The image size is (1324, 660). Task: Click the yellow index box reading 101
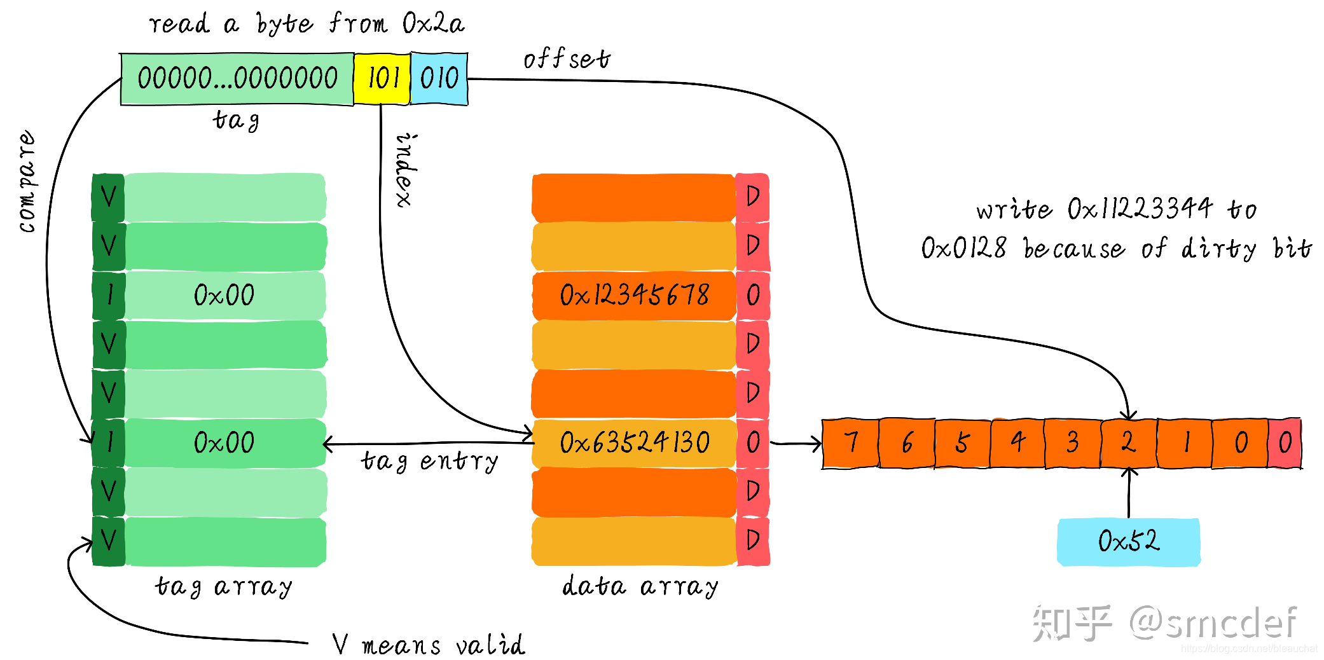[382, 79]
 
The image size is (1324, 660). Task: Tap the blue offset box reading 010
[439, 79]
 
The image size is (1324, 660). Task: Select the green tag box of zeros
[237, 79]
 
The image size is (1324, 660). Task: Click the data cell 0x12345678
[634, 295]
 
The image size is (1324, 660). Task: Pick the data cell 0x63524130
[634, 443]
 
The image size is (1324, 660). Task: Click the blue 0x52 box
[1129, 542]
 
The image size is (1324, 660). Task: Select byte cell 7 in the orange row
[850, 443]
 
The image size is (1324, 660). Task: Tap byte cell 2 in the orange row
[1129, 443]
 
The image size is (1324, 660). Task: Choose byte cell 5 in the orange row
[962, 443]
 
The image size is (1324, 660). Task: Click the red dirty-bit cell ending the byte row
[1285, 443]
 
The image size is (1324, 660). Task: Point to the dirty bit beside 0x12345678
[753, 295]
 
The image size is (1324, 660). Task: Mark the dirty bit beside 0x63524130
[753, 443]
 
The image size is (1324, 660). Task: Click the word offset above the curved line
[566, 59]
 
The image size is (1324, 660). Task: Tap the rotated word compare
[27, 181]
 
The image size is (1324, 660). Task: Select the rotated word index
[406, 170]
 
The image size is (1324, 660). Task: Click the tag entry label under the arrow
[430, 462]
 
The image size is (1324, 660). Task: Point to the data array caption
[640, 586]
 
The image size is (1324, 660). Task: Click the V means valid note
[429, 645]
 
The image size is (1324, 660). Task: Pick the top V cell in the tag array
[109, 197]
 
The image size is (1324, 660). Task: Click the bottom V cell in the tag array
[109, 541]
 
